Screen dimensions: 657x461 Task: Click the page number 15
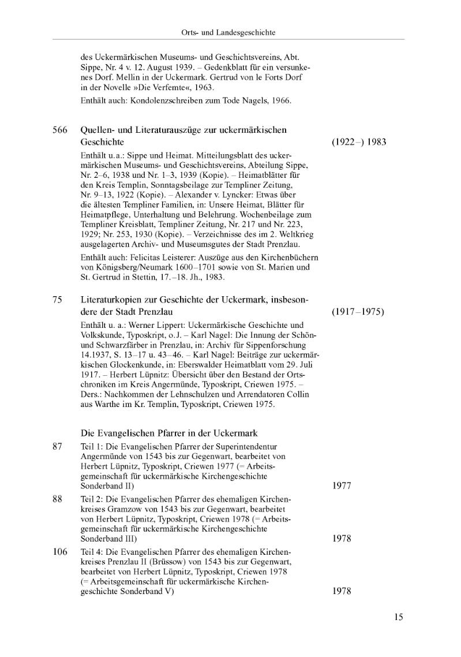click(399, 617)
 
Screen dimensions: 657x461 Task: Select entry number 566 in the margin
click(60, 130)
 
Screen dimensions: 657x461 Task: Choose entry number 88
click(57, 499)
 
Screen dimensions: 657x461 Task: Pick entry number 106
click(60, 552)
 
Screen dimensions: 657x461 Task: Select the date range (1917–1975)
click(358, 312)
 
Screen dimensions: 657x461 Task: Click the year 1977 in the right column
click(342, 486)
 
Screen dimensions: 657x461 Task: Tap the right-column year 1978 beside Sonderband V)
click(342, 591)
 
